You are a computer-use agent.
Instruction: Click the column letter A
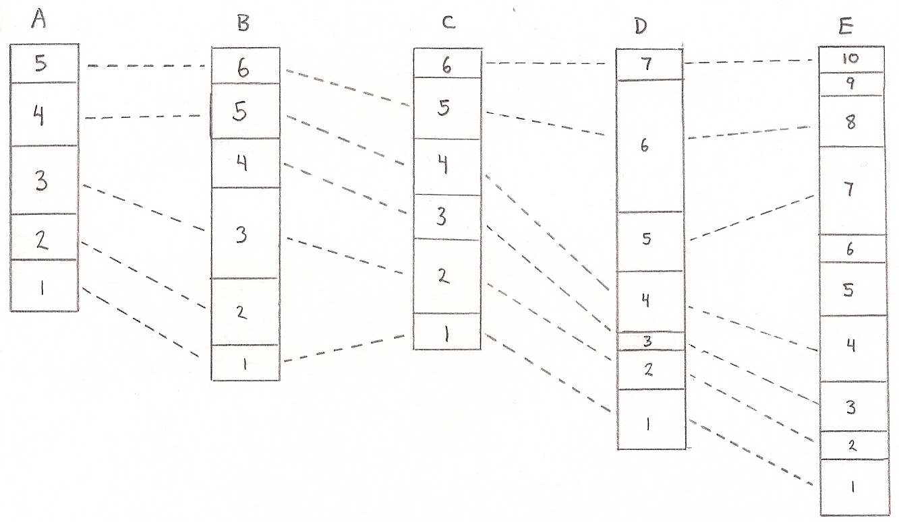pos(39,22)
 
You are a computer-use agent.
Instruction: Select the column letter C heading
pos(448,22)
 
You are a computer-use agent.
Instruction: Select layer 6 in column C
pos(446,65)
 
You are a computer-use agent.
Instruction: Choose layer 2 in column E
pos(852,445)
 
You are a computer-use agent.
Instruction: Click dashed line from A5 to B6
pos(146,66)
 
